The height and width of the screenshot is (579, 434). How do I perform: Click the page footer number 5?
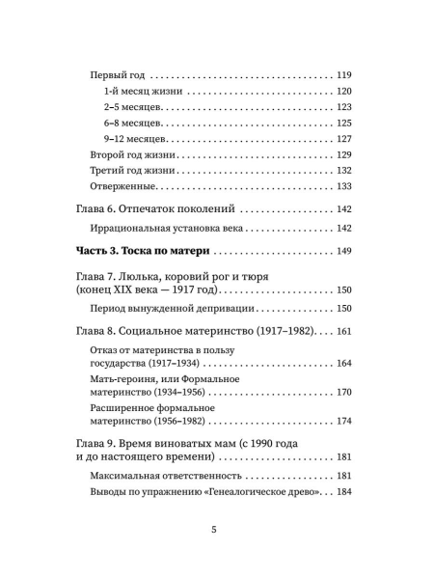tap(217, 557)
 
